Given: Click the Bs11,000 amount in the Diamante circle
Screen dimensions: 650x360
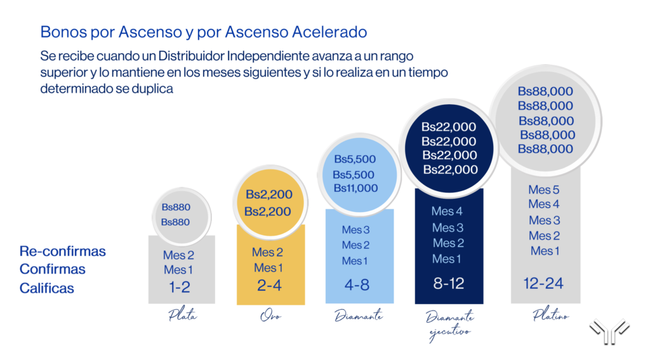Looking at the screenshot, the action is point(355,189).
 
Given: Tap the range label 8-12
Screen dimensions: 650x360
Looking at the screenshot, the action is point(449,284).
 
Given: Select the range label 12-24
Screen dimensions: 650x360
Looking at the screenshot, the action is point(543,284).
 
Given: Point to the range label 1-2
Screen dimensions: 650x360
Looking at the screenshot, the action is point(180,287).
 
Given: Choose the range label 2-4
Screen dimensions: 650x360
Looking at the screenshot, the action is point(269,285).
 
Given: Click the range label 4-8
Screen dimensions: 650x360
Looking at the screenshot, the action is point(357,285).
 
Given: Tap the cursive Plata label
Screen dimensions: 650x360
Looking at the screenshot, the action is point(182,316).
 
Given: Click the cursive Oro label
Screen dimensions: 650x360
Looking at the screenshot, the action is point(270,316).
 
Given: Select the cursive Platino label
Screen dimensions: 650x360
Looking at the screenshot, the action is point(551,315).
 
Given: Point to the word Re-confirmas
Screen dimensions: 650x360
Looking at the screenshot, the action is point(63,251).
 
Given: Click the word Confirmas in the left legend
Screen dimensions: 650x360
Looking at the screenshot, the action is point(52,269).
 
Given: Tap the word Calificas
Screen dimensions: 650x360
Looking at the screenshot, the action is point(46,288).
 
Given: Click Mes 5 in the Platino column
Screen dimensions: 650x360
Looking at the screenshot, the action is point(543,190).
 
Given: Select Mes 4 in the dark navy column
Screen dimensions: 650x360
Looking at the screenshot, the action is point(447,211).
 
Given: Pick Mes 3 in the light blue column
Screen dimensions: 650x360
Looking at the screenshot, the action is point(355,230).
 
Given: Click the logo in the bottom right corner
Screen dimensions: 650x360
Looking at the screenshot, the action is point(610,331).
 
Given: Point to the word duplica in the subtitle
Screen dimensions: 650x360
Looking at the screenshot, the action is point(152,89).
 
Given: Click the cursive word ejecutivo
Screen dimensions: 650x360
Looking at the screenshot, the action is point(450,333).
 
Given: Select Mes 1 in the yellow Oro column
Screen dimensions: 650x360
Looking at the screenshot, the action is point(269,268).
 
